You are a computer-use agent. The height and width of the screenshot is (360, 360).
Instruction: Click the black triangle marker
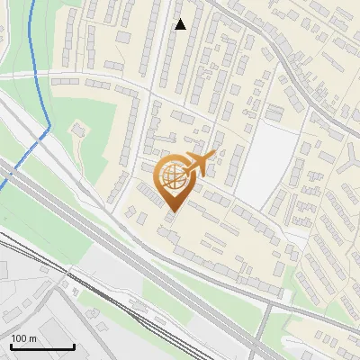tap(181, 24)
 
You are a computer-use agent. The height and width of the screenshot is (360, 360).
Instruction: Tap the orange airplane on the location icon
tap(201, 163)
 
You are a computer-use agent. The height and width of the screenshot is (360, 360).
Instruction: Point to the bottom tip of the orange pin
tap(173, 212)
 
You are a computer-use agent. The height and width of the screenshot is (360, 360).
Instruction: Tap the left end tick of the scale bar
tap(12, 345)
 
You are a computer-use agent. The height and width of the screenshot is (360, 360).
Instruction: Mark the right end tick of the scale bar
tap(74, 345)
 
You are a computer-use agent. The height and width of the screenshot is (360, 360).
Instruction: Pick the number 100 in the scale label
tap(20, 338)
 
